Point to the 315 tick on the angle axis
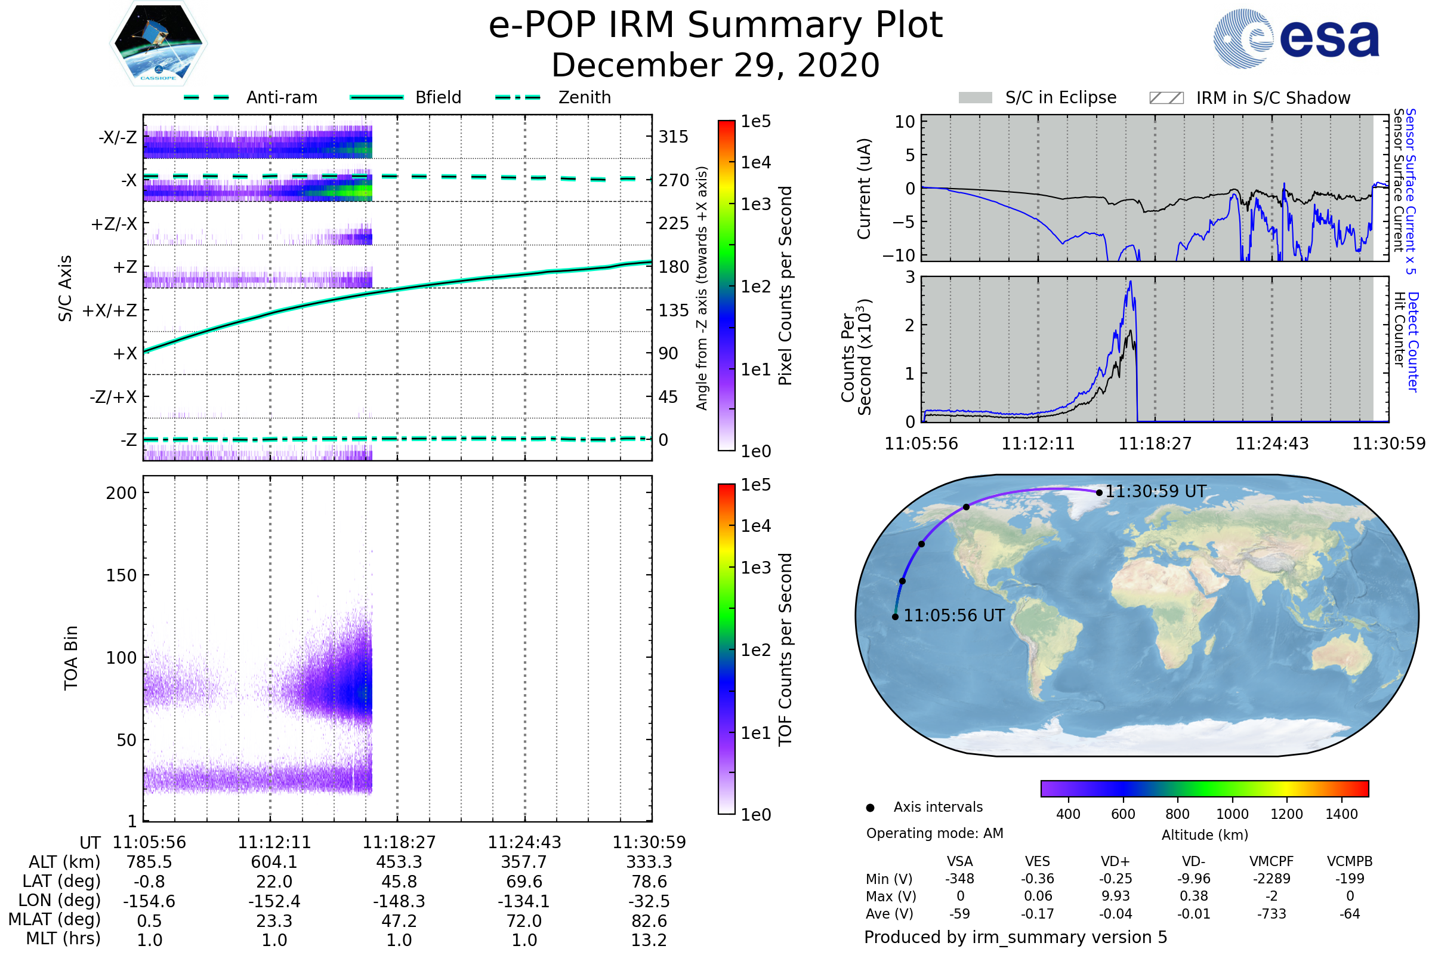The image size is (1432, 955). pos(674,137)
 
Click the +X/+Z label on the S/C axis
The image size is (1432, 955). pos(110,310)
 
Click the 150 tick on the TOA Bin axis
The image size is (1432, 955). pos(121,575)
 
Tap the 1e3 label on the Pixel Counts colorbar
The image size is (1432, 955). pos(755,205)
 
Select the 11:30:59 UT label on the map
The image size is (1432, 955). pos(1156,491)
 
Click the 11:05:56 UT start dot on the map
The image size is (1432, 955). pos(895,617)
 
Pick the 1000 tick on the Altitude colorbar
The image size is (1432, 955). pos(1232,814)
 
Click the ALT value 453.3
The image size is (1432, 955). pos(399,862)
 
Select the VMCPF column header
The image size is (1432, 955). pos(1271,862)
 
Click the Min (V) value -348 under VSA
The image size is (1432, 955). pos(959,879)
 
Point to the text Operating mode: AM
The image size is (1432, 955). pos(934,833)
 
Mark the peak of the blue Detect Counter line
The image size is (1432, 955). pos(1131,281)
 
